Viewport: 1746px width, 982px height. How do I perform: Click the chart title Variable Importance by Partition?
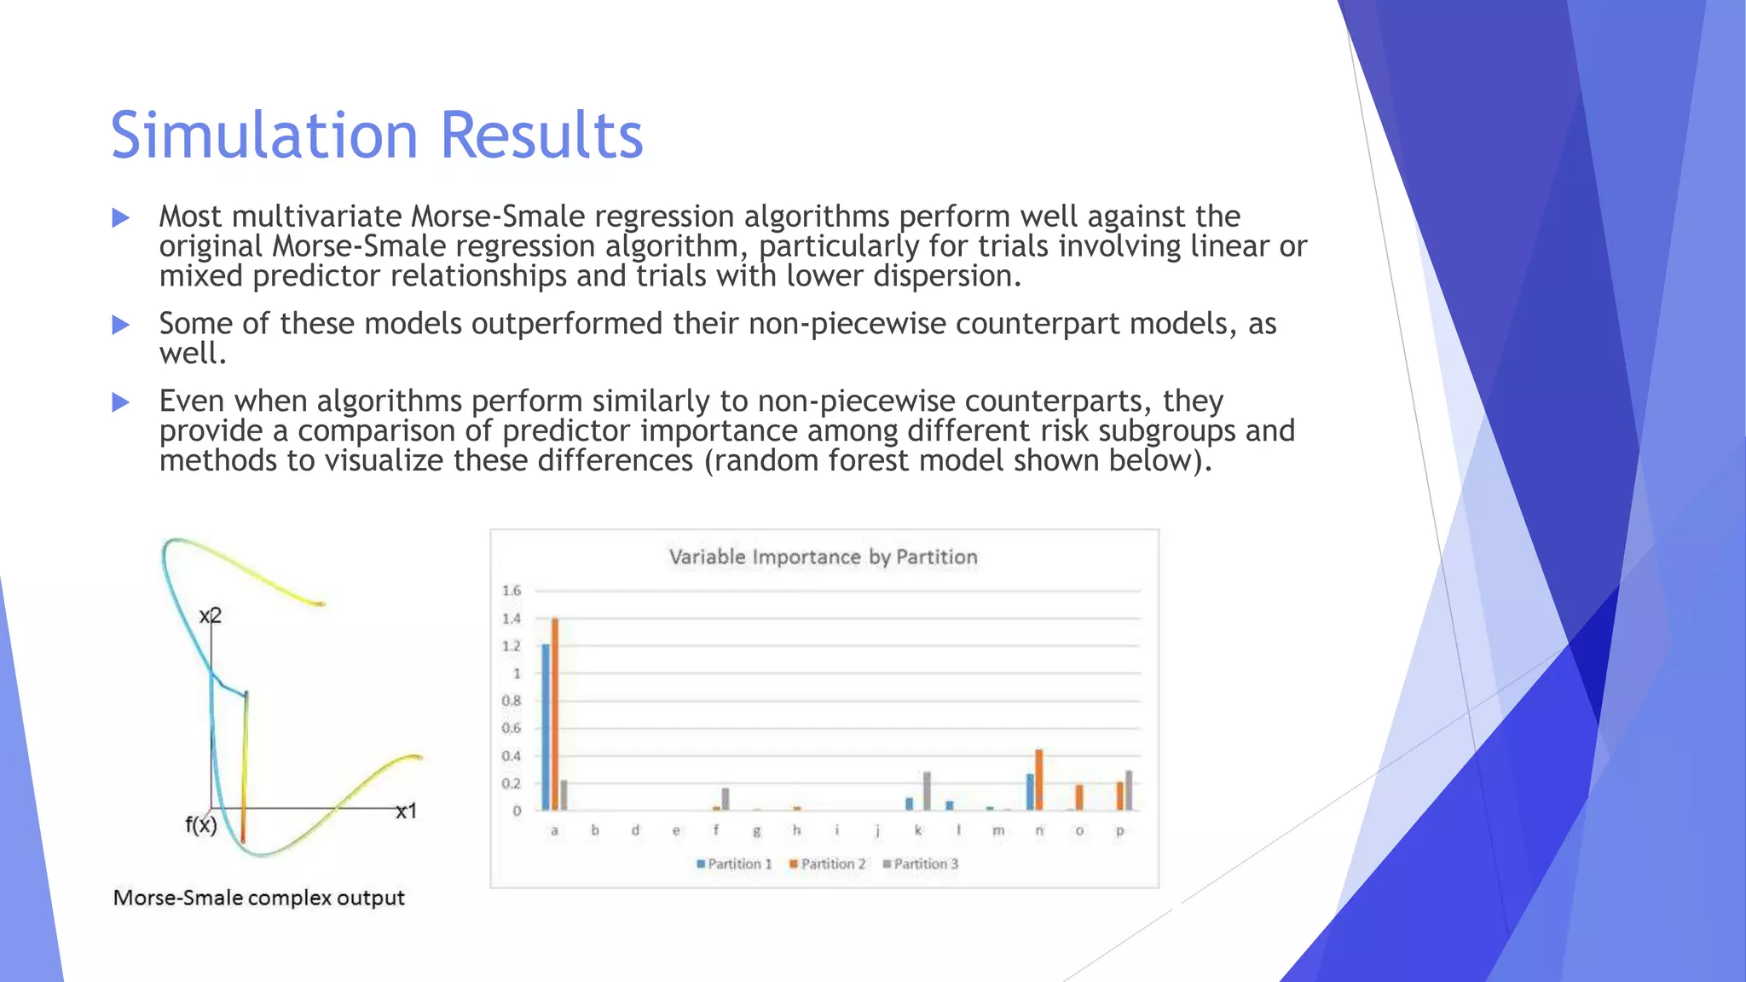(823, 557)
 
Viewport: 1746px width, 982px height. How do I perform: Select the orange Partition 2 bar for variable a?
(555, 714)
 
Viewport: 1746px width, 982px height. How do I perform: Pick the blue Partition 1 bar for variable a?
(546, 727)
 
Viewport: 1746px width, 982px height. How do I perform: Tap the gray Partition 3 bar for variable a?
(564, 795)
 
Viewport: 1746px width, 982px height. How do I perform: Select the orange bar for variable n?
(1039, 780)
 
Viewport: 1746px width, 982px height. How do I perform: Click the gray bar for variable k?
(927, 791)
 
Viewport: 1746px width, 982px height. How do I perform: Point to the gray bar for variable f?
(726, 799)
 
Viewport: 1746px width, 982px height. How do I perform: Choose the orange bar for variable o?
(1079, 797)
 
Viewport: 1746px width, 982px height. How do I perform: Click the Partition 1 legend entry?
(734, 864)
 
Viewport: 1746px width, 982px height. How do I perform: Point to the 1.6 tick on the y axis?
(512, 591)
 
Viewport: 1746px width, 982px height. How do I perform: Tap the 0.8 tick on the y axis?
(512, 701)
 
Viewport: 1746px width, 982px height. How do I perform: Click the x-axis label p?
(1120, 830)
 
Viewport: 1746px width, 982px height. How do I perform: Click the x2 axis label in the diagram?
(210, 615)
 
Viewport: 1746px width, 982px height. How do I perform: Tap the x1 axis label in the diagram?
(407, 812)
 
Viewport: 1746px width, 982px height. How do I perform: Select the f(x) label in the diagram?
(201, 825)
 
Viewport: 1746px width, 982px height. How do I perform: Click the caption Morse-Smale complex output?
(258, 898)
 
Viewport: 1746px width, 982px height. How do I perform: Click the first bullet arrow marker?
(120, 217)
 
